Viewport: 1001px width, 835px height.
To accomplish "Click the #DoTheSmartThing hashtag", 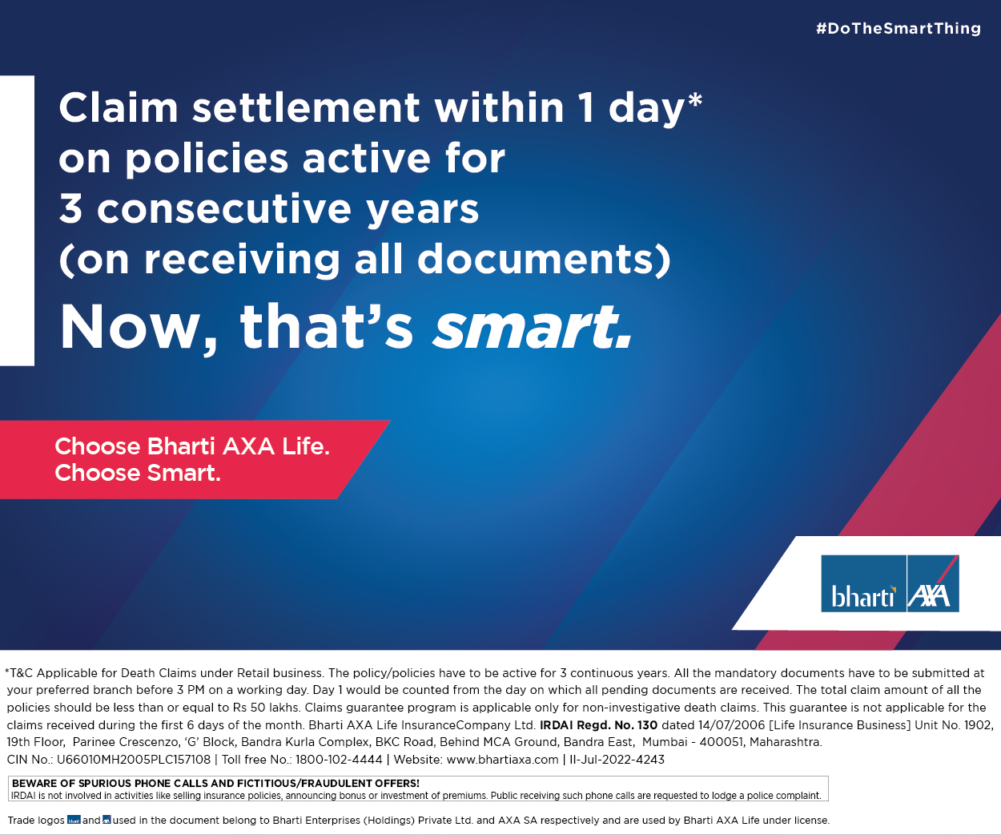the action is pos(898,28).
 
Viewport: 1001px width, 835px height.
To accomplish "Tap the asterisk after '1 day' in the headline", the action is pos(694,101).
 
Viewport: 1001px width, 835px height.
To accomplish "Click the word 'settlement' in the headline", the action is pos(306,107).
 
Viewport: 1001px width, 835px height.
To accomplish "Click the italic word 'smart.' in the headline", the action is pos(533,326).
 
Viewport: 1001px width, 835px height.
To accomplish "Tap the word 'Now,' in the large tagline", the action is pos(139,329).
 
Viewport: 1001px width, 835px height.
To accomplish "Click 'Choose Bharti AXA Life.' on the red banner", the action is pos(192,446).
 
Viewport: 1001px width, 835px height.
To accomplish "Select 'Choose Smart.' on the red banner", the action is pos(138,473).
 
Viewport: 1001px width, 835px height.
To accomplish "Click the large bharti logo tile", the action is pos(863,583).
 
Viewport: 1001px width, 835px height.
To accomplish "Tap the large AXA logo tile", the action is pos(933,583).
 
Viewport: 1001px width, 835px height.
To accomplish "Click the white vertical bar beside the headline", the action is pos(17,220).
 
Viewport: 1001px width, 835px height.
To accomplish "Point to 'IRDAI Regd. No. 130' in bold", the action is pos(599,725).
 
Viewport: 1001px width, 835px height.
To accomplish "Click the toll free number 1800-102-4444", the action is pos(339,760).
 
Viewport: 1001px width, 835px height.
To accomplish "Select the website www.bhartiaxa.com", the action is pos(502,760).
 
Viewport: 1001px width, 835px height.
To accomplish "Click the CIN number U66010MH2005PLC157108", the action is pos(134,760).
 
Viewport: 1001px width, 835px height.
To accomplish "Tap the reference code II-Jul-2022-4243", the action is pos(617,760).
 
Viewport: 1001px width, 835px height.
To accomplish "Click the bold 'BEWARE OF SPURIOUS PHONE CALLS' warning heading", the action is pos(215,783).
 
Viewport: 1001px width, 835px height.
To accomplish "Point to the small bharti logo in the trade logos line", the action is pos(74,820).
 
